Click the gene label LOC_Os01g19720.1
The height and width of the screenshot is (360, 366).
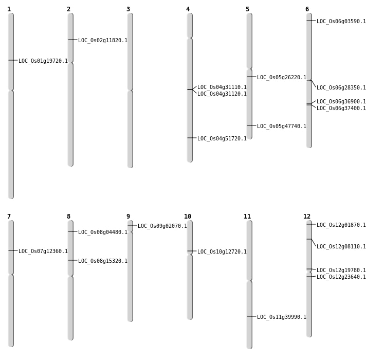pos(43,61)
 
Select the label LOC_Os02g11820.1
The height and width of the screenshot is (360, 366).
pos(103,40)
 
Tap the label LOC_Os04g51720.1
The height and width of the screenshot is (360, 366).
pos(222,138)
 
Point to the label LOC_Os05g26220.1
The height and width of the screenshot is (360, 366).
pos(282,77)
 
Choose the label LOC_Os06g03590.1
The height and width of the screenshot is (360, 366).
pos(341,21)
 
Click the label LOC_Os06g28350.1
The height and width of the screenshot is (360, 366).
pos(341,87)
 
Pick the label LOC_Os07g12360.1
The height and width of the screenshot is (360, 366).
pos(43,251)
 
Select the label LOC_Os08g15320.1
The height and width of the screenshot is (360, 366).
pos(103,261)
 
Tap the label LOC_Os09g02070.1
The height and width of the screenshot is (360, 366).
pos(162,226)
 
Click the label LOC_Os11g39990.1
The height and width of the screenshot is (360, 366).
pos(282,317)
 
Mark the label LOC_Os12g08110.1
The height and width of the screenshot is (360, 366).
pos(341,246)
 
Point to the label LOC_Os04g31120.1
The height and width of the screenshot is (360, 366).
pos(222,94)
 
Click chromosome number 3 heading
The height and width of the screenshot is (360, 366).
pos(128,9)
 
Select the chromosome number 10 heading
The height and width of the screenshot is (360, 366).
pos(188,217)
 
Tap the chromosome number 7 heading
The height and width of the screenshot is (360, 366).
pos(9,217)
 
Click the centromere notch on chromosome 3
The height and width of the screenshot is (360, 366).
pos(130,91)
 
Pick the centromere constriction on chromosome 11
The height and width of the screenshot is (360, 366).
pos(249,280)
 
